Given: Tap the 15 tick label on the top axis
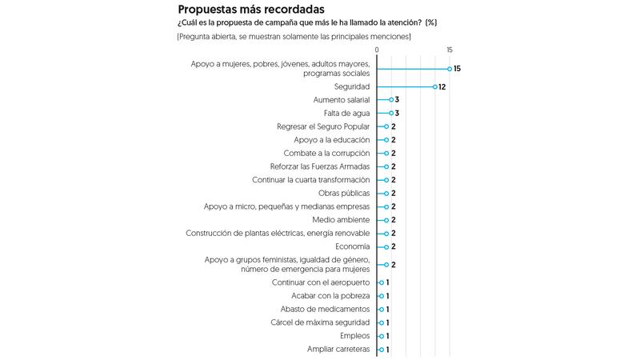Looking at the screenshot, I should click(x=450, y=50).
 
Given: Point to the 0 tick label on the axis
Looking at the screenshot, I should click(x=377, y=50).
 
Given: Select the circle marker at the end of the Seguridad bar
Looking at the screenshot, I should click(x=434, y=86).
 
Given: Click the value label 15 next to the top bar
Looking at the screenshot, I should click(x=457, y=69).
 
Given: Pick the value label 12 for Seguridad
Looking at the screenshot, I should click(x=442, y=86).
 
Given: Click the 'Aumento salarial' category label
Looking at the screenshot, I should click(x=342, y=100).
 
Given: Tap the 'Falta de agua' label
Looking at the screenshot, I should click(x=347, y=114).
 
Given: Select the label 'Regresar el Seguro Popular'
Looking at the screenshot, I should click(x=323, y=126).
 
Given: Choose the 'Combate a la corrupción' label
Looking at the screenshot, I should click(x=327, y=153).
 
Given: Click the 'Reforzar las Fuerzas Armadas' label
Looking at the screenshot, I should click(x=320, y=166).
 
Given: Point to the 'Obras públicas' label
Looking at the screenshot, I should click(x=344, y=193).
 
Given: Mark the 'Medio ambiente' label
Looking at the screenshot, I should click(x=342, y=219).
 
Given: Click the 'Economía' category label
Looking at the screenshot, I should click(x=352, y=246).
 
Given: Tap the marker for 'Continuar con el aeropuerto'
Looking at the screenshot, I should click(x=381, y=282).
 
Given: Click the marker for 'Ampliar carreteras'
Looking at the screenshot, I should click(x=381, y=349).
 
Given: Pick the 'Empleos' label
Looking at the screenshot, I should click(x=355, y=335).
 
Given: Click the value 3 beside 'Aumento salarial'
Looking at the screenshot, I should click(x=397, y=100).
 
